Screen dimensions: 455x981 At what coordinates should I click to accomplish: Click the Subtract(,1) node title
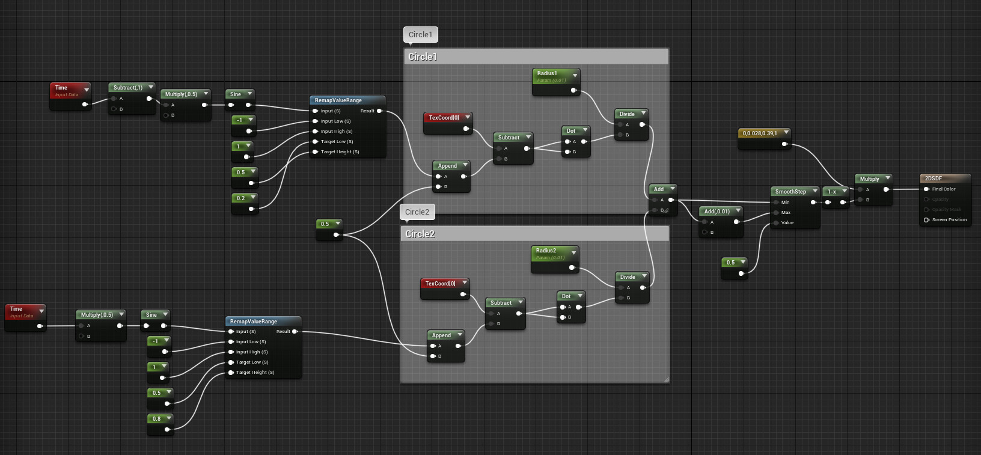click(128, 88)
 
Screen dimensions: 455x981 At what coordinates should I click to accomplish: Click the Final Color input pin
click(927, 189)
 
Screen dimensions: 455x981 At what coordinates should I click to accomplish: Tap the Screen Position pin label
click(949, 220)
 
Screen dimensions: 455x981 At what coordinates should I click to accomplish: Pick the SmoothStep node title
click(790, 192)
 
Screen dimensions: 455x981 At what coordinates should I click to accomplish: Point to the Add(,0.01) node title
click(717, 212)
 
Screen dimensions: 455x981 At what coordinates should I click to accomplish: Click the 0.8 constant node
click(157, 419)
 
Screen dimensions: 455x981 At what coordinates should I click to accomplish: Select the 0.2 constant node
click(241, 198)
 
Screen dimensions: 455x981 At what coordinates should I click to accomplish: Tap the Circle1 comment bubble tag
click(420, 35)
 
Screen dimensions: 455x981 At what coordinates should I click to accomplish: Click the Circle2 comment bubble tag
click(417, 212)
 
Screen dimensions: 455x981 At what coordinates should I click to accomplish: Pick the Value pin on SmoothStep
click(787, 223)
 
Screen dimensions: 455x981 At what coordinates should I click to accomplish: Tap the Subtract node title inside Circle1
click(509, 138)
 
